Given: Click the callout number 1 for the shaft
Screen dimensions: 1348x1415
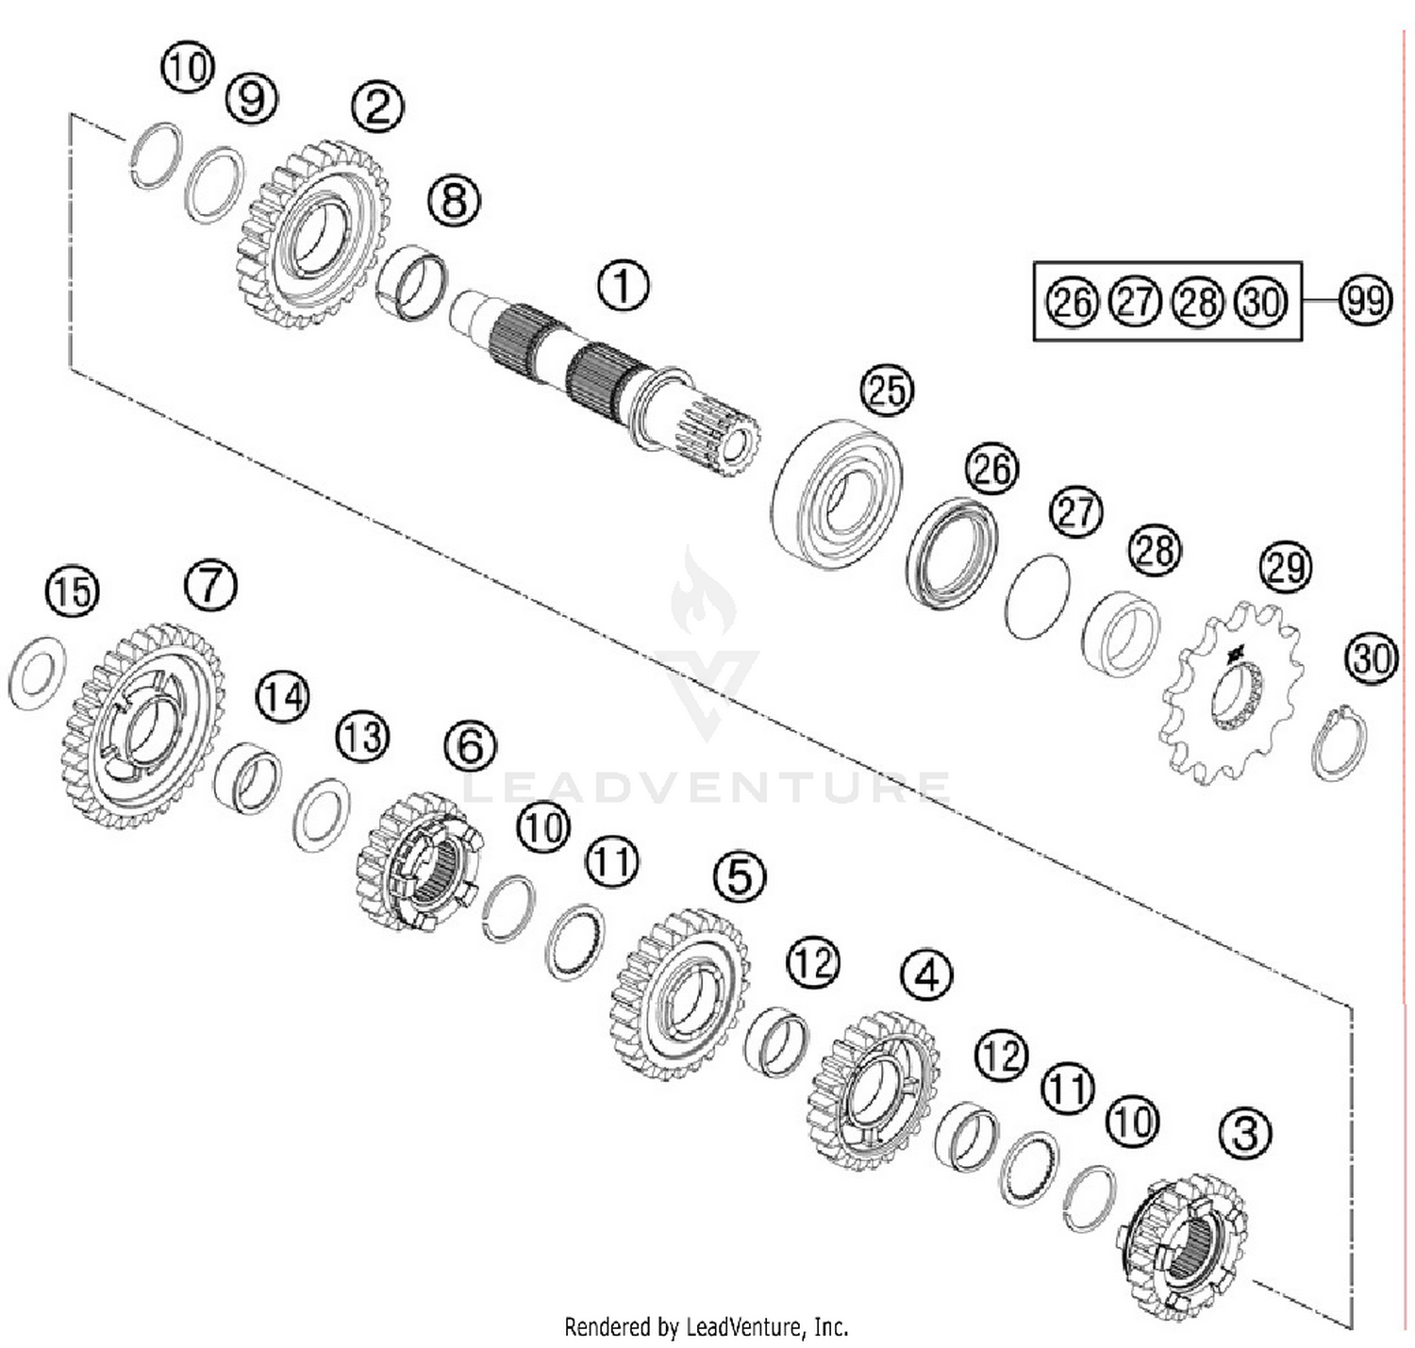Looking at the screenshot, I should [x=623, y=284].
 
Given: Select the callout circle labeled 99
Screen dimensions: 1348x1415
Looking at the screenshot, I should [x=1365, y=301].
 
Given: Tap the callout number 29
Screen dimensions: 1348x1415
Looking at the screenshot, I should [x=1286, y=567].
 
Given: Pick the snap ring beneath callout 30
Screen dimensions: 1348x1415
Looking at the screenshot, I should [x=1340, y=741].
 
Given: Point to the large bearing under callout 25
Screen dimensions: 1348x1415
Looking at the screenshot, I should [x=836, y=494].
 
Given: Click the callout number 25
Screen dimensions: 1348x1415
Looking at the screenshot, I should [x=887, y=391].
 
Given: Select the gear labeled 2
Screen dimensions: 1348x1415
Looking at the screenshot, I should [x=311, y=234].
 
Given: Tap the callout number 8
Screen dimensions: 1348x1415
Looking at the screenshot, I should [x=454, y=200].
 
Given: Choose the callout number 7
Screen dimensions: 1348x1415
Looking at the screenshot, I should [x=209, y=585].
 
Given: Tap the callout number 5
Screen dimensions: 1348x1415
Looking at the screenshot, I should [x=739, y=876].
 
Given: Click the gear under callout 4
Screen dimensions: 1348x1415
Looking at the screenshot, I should [x=874, y=1090].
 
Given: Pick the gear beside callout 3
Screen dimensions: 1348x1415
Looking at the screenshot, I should [x=1185, y=1245].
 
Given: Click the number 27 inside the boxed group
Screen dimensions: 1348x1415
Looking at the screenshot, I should [x=1135, y=302].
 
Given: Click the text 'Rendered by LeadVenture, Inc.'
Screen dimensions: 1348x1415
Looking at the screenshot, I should [x=706, y=1327].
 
